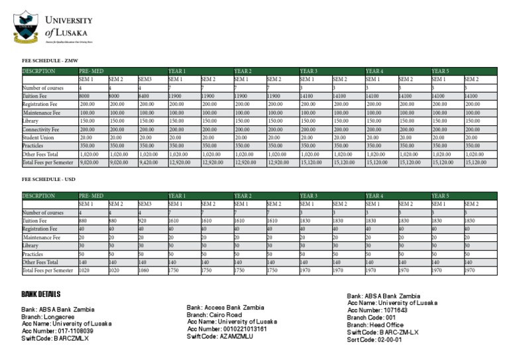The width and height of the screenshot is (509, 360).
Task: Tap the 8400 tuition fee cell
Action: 145,96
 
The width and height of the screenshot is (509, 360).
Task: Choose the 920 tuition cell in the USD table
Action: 142,221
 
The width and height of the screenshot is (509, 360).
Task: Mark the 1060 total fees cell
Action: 144,270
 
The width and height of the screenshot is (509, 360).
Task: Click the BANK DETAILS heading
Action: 41,294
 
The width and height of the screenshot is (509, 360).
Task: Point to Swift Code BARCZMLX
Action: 55,338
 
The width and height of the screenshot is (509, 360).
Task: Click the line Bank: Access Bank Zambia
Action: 225,308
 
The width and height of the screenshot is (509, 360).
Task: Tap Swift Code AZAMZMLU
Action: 221,336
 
